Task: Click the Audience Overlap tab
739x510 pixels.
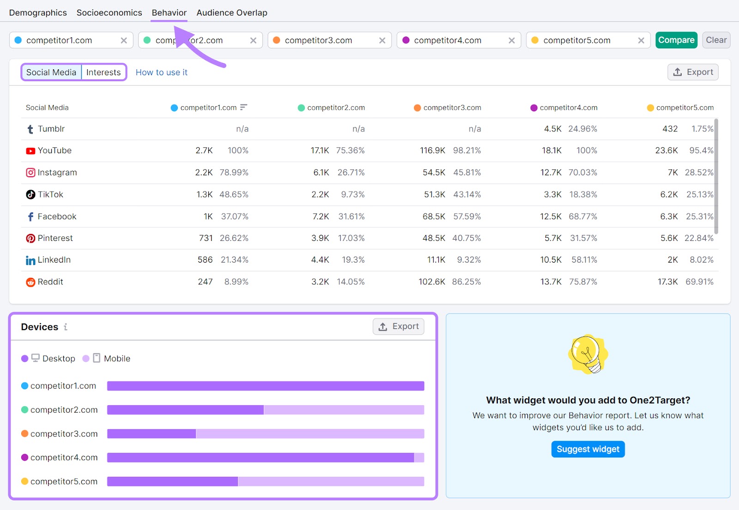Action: (x=232, y=13)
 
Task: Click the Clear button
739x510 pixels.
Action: (x=716, y=40)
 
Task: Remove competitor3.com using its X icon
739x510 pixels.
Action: (x=382, y=41)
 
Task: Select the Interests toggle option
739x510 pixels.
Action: (x=103, y=72)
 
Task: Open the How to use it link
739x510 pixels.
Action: (x=161, y=72)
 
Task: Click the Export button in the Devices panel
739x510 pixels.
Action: (x=399, y=327)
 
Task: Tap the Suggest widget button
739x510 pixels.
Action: (x=588, y=449)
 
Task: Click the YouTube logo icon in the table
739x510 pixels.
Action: (x=30, y=151)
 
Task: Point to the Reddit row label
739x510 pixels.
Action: (x=50, y=282)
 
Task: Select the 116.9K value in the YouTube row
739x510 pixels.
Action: (x=432, y=151)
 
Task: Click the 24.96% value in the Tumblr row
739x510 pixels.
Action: (x=582, y=129)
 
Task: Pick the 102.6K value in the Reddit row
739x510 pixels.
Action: (x=432, y=282)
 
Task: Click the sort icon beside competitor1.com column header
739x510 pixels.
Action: (x=244, y=108)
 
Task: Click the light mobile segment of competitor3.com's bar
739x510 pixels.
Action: (x=309, y=434)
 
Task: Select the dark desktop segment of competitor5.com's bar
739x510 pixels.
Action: (x=172, y=481)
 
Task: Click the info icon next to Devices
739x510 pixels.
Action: (x=66, y=327)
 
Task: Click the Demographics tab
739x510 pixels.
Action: (x=38, y=13)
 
